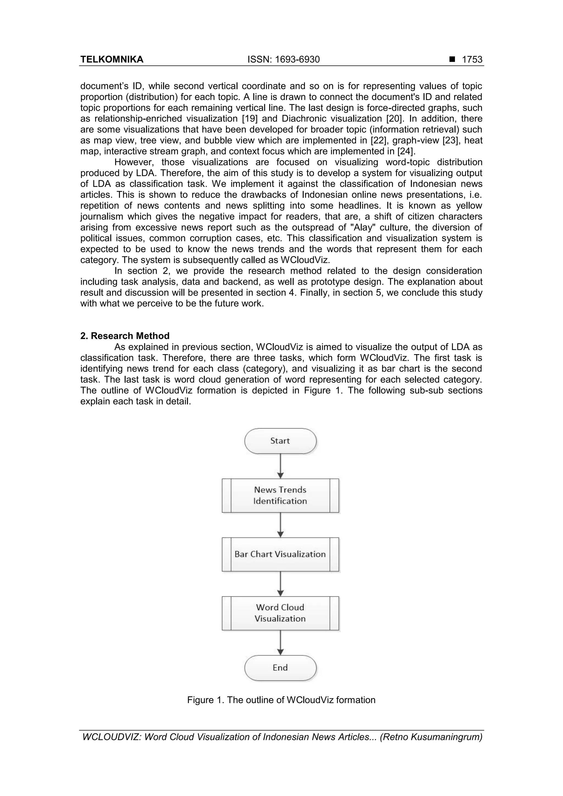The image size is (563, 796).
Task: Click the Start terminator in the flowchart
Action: [280, 441]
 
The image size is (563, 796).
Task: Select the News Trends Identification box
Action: [280, 495]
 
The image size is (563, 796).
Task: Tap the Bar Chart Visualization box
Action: [280, 554]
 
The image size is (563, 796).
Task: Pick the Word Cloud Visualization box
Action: [280, 613]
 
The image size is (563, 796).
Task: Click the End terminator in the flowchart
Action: [280, 668]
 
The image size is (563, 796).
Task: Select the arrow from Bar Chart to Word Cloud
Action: [281, 584]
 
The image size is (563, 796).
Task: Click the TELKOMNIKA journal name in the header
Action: [112, 60]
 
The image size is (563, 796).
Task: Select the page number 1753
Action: [472, 60]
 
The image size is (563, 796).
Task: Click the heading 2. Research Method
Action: [125, 336]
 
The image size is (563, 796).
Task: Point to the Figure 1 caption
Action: [281, 700]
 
